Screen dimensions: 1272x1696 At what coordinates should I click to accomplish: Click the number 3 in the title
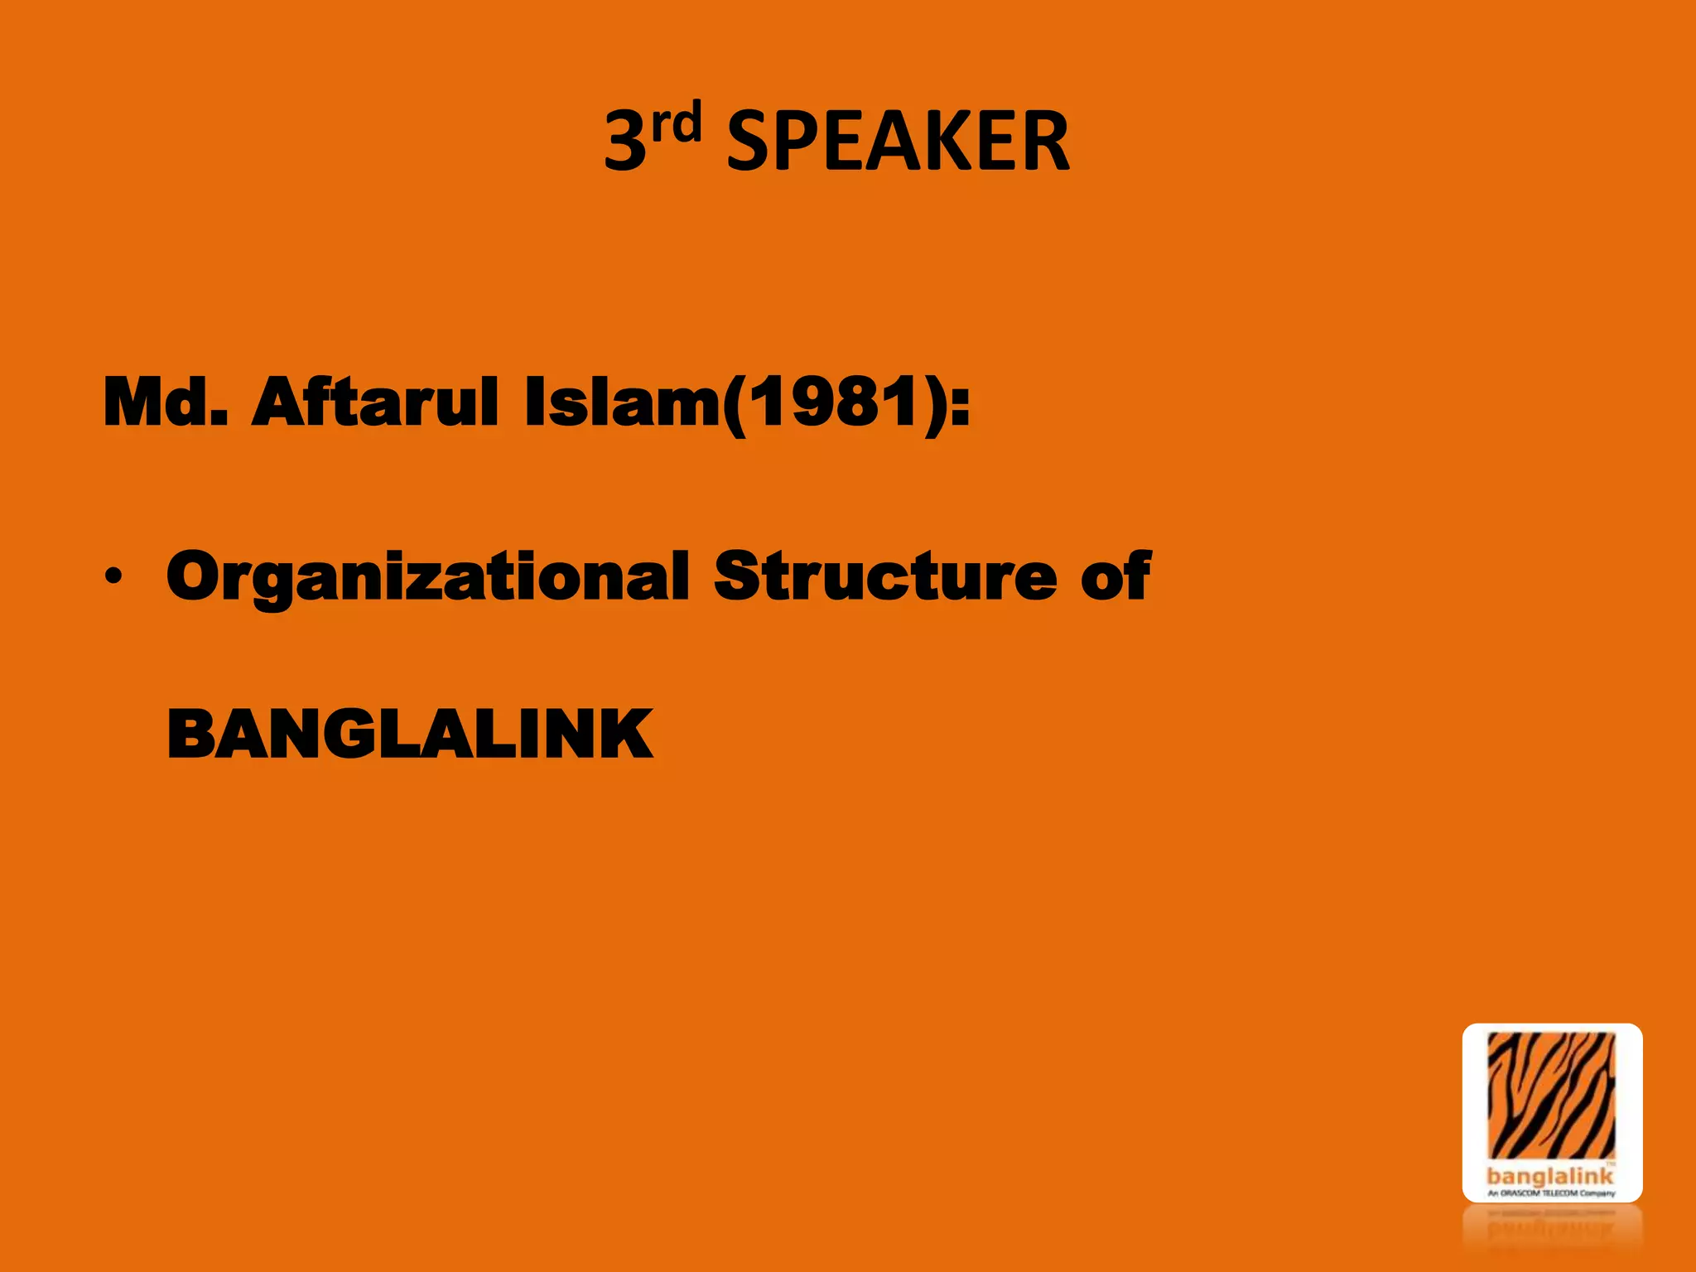625,142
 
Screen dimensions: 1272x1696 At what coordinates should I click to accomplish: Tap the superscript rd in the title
676,123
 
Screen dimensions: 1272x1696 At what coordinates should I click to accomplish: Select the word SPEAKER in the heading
898,142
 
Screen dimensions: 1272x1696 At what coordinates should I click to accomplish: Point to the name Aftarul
377,402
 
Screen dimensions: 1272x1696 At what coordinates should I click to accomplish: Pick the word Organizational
427,577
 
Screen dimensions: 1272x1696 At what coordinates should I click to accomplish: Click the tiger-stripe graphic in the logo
1551,1096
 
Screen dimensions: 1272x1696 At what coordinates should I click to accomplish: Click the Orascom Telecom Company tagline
1551,1193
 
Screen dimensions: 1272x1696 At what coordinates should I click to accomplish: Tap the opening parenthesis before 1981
735,404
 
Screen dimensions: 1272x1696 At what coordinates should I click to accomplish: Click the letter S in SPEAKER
749,142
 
